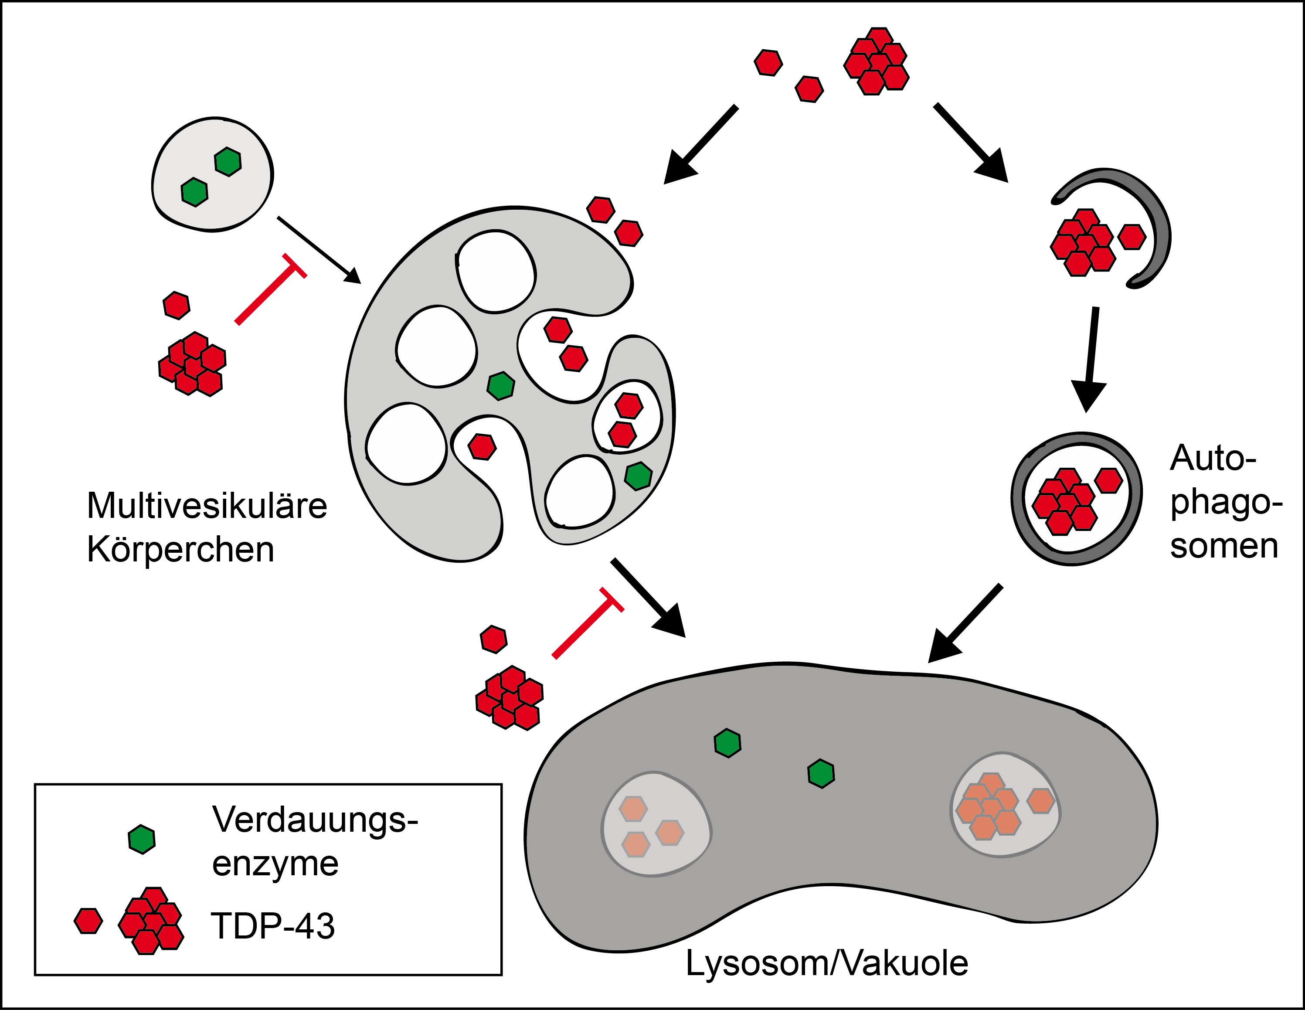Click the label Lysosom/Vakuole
tap(826, 963)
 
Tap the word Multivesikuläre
tap(207, 506)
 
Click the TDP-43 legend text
tap(272, 926)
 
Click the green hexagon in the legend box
tap(142, 840)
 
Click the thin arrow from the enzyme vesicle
tap(319, 249)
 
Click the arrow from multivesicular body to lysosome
tap(648, 596)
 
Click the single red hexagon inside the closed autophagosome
tap(1109, 480)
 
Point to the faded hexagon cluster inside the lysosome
tap(989, 807)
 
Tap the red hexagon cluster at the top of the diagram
tap(876, 61)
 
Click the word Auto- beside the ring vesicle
tap(1213, 459)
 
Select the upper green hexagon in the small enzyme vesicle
tap(228, 161)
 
